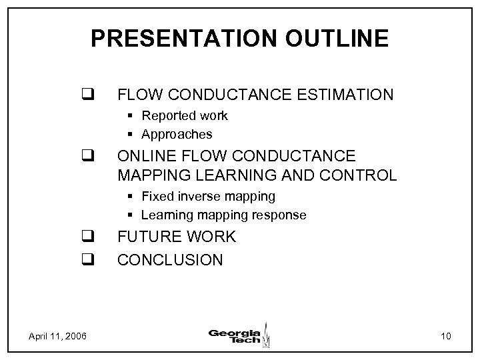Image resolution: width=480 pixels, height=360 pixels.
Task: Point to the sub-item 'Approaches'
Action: pyautogui.click(x=177, y=134)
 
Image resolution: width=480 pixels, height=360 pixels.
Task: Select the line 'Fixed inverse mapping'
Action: pyautogui.click(x=208, y=196)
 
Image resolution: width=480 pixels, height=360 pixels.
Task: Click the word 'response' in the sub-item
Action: pyautogui.click(x=281, y=215)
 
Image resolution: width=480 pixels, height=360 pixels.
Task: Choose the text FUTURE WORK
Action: pyautogui.click(x=176, y=237)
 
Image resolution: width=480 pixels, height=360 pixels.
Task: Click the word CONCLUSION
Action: pyautogui.click(x=170, y=259)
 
